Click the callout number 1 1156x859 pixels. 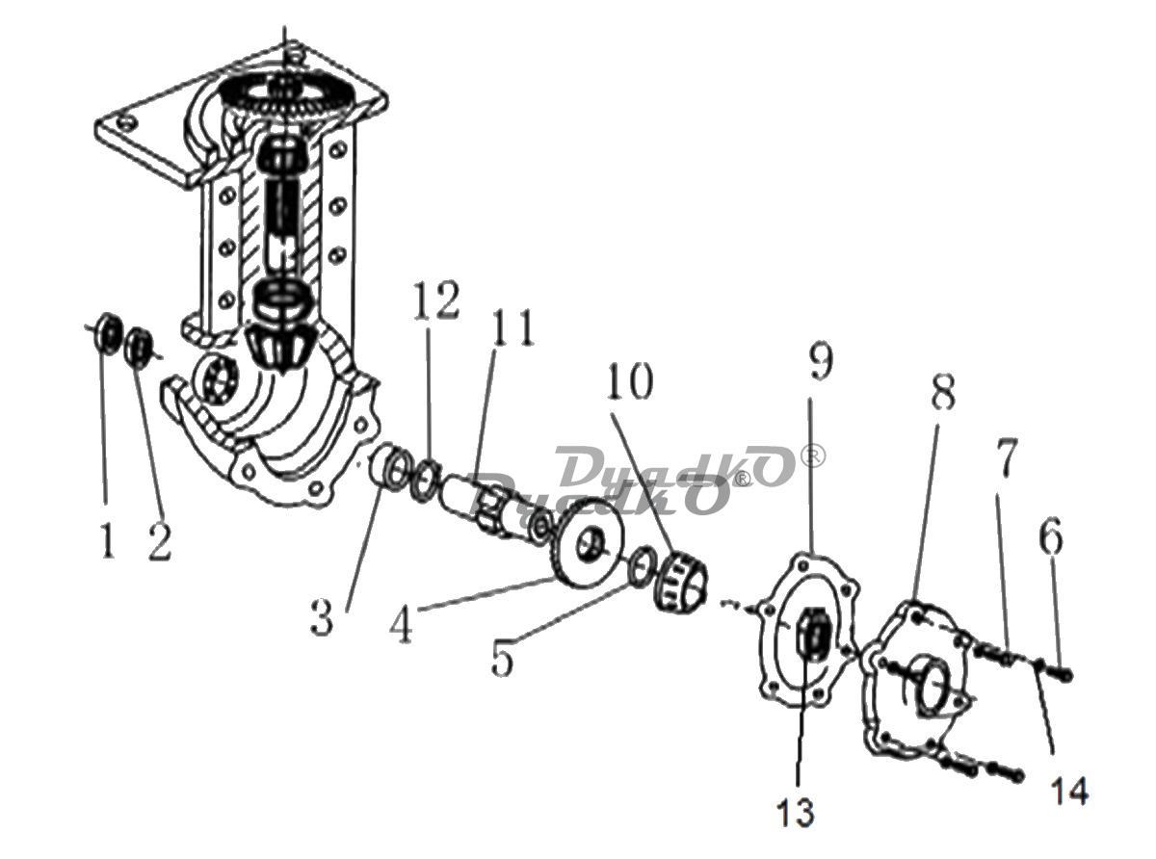pos(107,541)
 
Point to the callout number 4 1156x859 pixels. pos(401,626)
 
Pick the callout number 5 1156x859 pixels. pos(502,659)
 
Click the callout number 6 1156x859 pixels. pos(1051,535)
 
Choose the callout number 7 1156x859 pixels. pos(1007,459)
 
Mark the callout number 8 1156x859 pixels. pos(943,391)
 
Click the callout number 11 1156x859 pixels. pos(512,327)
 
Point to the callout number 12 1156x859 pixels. pos(436,299)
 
